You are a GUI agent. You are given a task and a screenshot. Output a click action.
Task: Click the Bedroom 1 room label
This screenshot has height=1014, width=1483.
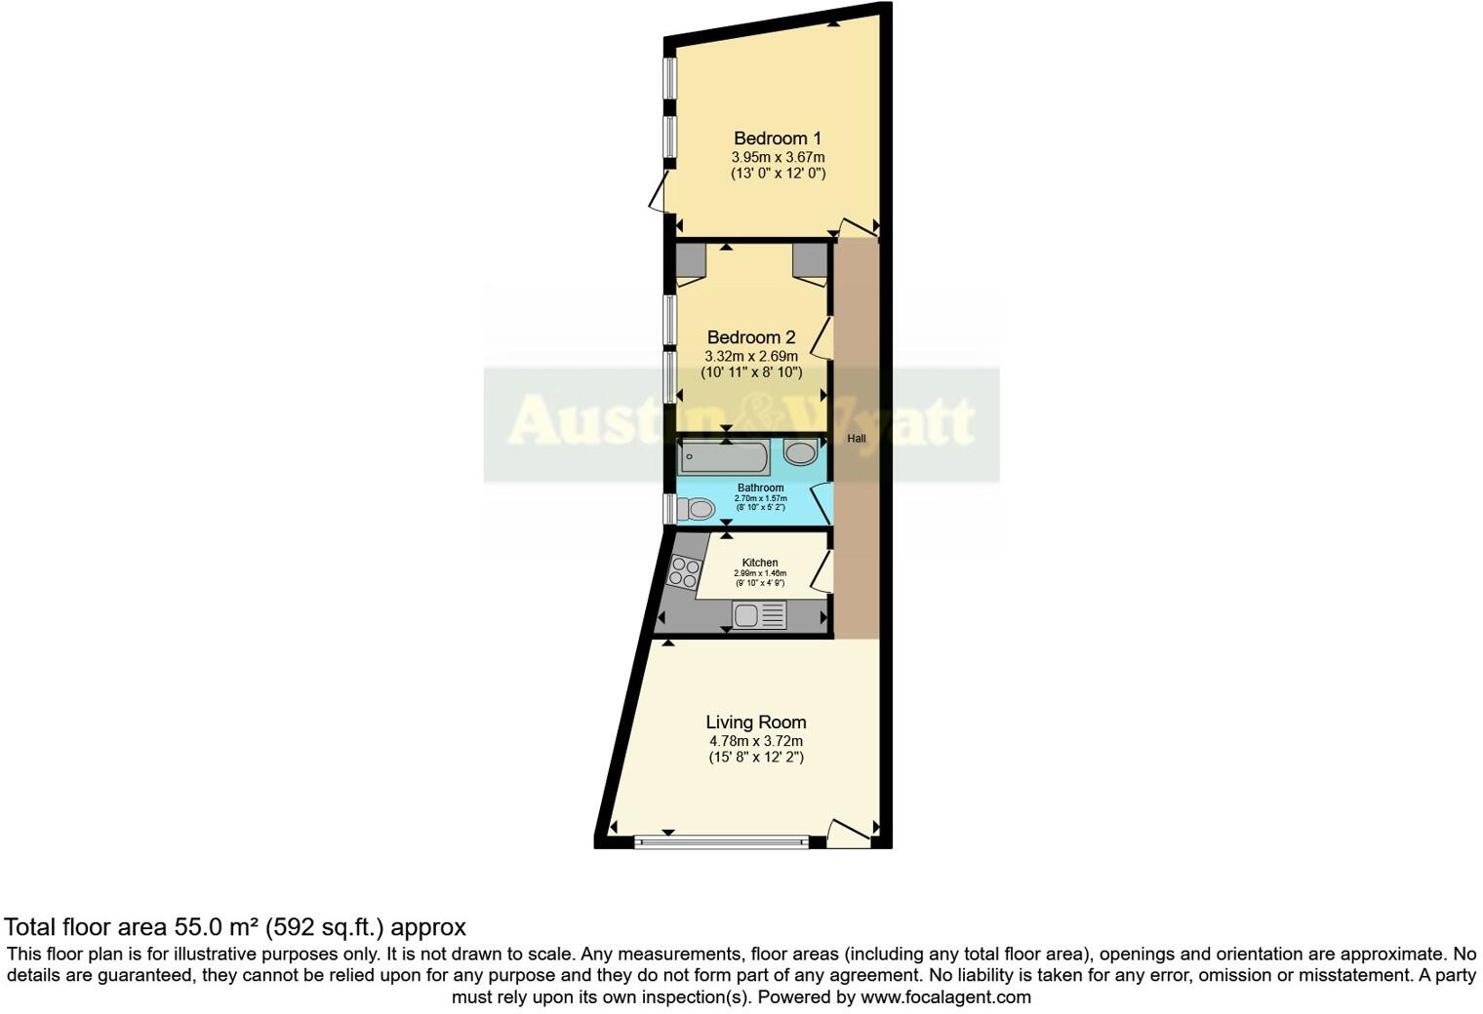point(778,138)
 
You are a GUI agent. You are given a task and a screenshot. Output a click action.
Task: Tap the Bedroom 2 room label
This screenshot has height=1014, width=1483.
point(751,337)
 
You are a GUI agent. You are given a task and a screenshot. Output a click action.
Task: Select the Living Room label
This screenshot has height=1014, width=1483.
point(756,722)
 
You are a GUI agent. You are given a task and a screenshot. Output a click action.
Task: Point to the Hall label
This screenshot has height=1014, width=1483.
point(856,439)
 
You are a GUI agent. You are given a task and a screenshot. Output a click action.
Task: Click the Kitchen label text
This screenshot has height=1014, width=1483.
point(760,563)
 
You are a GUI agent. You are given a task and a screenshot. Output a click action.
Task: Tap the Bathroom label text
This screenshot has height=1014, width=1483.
point(760,487)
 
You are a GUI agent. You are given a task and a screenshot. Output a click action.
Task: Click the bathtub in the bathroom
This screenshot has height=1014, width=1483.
point(725,456)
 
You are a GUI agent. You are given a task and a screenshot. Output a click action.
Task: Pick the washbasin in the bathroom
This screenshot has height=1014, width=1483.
point(801,452)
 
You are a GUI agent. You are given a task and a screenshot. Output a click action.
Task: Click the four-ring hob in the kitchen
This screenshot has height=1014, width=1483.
point(684,571)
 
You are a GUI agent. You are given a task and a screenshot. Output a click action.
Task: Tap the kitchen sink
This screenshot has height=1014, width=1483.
point(759,615)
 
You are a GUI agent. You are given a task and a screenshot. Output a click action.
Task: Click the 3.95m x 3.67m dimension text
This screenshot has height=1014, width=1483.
point(778,157)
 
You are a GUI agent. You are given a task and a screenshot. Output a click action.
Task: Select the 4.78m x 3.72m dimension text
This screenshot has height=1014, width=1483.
point(756,741)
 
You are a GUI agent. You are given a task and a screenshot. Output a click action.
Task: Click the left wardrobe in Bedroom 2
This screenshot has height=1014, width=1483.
point(691,260)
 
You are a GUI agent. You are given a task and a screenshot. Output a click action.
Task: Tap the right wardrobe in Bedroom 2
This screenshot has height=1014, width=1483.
point(809,260)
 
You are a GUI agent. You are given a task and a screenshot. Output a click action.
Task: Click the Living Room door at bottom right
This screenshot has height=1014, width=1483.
point(848,834)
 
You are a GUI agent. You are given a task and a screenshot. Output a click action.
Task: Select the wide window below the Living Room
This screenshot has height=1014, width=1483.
point(721,842)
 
